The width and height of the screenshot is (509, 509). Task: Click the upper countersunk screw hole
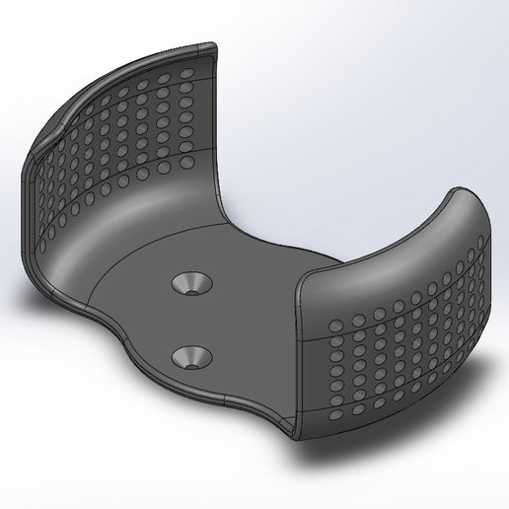pyautogui.click(x=191, y=284)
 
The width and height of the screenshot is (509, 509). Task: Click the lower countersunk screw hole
pyautogui.click(x=192, y=356)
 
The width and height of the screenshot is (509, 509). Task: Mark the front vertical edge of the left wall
pyautogui.click(x=30, y=197)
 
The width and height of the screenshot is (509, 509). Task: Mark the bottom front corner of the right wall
pyautogui.click(x=296, y=434)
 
